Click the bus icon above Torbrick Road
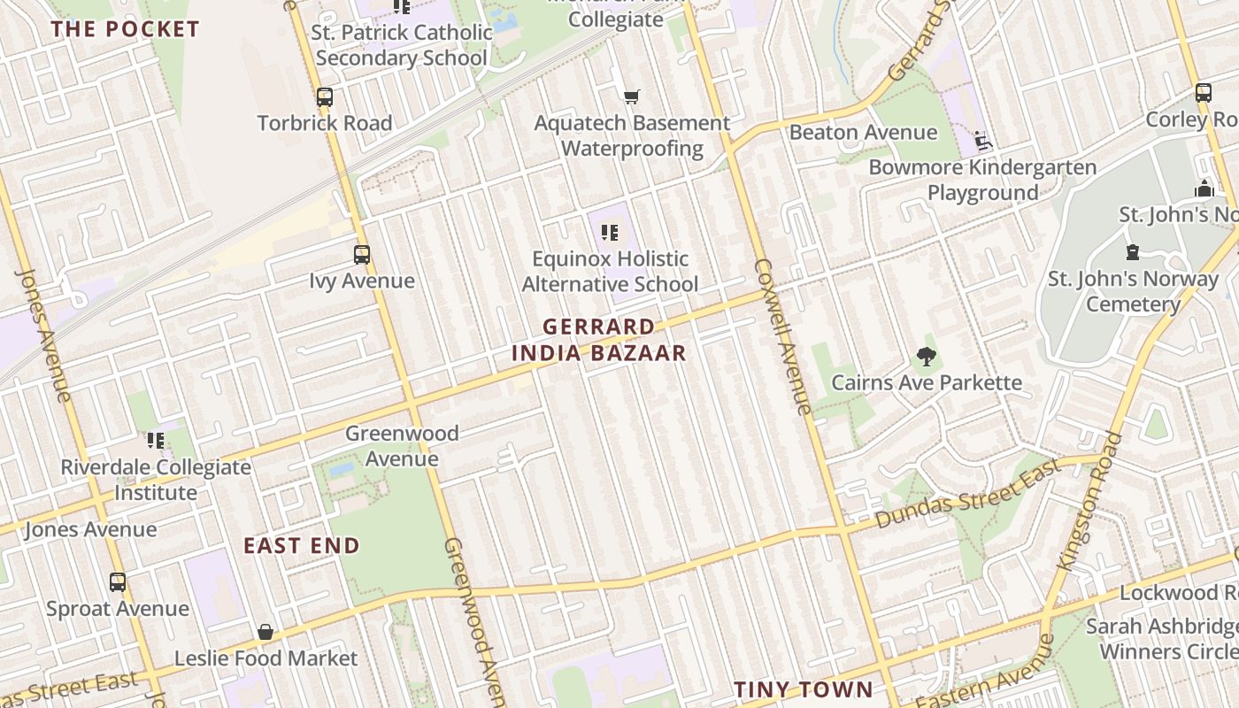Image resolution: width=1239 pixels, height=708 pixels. coord(325,97)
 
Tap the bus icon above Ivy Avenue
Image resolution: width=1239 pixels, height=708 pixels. coord(362,255)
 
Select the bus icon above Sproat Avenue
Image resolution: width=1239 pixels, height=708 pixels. coord(118,582)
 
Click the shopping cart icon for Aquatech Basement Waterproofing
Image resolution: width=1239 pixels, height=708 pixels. coord(631,96)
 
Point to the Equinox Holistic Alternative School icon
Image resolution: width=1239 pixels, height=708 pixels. coord(609,233)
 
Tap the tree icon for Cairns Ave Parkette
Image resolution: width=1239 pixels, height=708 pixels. coord(927,357)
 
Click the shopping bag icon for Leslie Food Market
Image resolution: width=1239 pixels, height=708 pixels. coord(265,632)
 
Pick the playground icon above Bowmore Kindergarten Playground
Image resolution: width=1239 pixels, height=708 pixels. coord(982,141)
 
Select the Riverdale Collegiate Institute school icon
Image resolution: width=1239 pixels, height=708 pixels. coord(156,441)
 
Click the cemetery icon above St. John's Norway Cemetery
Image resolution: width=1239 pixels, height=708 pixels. coord(1133,253)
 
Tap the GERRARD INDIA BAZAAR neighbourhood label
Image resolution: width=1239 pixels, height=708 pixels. coord(599,340)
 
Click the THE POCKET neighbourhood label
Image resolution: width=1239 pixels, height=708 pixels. coord(125,29)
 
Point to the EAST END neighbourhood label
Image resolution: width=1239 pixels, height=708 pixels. coord(302,546)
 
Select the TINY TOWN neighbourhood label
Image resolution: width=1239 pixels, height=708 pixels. coord(804,689)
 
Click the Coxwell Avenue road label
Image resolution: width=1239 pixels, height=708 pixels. coord(782,336)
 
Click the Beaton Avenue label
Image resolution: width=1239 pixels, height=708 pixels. coord(863,133)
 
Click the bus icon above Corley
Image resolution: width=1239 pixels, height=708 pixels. coord(1204,93)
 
